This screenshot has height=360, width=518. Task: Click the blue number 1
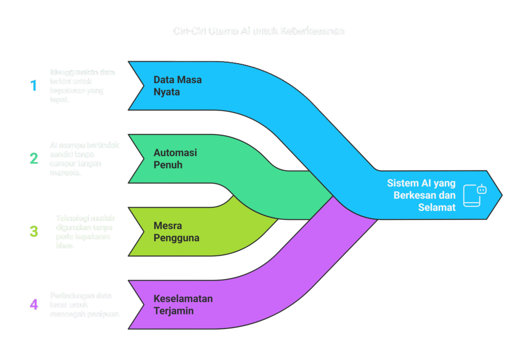click(x=34, y=85)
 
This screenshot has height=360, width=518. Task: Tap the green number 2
click(x=34, y=159)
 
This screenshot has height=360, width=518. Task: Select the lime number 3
click(x=34, y=232)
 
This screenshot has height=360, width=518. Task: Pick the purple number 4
click(x=34, y=304)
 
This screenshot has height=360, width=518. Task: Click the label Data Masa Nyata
click(x=178, y=86)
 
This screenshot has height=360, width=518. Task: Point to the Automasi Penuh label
click(x=175, y=159)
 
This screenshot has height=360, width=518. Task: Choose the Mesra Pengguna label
click(x=176, y=232)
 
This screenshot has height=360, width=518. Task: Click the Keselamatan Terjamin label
click(x=183, y=304)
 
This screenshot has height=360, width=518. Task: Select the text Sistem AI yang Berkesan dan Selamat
click(x=421, y=195)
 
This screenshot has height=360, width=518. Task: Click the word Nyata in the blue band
click(x=167, y=93)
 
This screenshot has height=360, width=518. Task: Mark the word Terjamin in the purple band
click(x=174, y=311)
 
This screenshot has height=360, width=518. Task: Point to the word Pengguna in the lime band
click(x=176, y=238)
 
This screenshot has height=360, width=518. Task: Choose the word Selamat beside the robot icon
click(x=437, y=207)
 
